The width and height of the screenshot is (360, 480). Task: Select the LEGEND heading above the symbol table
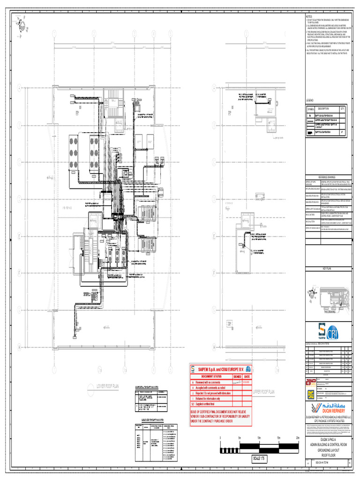coord(310,101)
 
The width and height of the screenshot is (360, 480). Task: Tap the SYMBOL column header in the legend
coord(311,109)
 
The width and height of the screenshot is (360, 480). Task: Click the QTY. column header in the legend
coord(343,108)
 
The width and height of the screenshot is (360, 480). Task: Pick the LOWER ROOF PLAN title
coord(108,386)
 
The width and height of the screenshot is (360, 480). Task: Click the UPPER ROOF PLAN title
coord(263,391)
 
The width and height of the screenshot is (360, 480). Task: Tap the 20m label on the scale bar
coord(297,438)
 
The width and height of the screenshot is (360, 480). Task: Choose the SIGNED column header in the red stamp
coord(238,376)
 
